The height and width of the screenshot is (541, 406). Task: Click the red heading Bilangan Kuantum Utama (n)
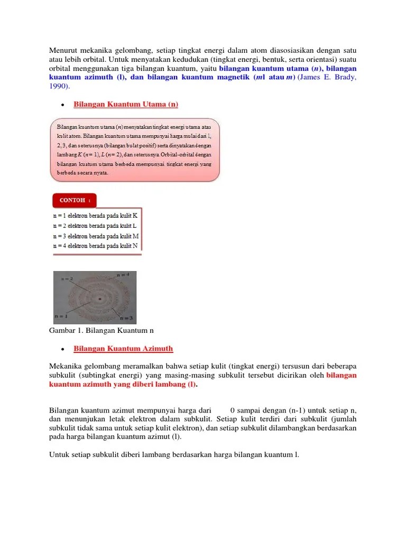[126, 104]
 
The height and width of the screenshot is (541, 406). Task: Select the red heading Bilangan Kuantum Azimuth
[123, 348]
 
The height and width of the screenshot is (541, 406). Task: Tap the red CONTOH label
[75, 200]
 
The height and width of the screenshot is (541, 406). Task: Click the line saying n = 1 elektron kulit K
[96, 216]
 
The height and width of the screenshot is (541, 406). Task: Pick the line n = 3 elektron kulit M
[96, 236]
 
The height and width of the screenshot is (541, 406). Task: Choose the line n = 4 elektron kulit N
[96, 246]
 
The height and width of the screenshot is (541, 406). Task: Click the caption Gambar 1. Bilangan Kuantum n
[101, 330]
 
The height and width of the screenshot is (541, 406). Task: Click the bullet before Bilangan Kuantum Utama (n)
[62, 105]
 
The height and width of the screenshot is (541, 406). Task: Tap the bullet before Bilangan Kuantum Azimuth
[62, 349]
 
